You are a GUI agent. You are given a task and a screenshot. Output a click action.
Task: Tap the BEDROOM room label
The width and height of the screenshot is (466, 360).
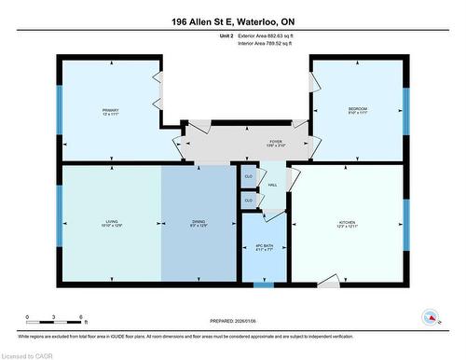[x=358, y=111]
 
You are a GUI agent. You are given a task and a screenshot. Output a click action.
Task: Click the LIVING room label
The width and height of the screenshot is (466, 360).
[x=113, y=225]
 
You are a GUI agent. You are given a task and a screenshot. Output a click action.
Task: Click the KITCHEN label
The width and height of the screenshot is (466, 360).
[x=349, y=225]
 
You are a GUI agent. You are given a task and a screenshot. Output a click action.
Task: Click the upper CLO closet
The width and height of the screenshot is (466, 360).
[x=249, y=175]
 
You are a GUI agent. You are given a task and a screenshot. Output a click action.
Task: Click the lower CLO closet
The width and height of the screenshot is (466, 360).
[x=249, y=200]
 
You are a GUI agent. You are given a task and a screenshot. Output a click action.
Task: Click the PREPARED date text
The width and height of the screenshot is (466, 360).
[x=233, y=318]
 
